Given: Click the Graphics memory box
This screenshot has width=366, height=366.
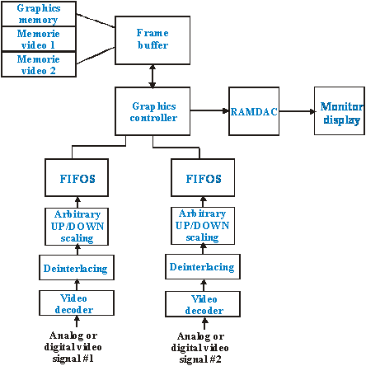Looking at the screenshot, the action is point(39,14).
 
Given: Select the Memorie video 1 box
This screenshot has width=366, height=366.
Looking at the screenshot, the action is point(39,39).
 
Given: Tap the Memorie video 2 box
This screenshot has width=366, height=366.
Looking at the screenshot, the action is point(39,64).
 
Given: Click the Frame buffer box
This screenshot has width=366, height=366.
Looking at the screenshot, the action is point(152,40).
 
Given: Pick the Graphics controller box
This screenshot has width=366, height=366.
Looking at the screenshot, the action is point(152,111).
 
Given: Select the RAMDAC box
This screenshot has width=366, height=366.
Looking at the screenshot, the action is point(254,111).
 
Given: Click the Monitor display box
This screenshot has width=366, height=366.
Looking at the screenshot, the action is point(340,110).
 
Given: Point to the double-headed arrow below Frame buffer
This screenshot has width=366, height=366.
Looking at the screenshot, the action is point(152,76).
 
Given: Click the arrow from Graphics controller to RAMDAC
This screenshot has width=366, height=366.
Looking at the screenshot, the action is point(209,110).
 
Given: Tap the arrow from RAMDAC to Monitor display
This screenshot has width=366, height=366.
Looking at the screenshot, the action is point(297,111).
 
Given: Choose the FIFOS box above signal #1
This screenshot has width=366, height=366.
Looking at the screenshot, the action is point(77,177).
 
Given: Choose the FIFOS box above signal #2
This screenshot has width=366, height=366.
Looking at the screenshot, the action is point(203,177).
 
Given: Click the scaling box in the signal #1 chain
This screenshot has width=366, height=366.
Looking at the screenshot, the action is point(77,227).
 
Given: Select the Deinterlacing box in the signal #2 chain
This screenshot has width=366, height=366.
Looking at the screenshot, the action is point(203,266).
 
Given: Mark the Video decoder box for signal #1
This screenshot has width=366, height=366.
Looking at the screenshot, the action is point(77,303).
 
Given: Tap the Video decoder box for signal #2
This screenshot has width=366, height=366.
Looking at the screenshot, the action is point(203,304).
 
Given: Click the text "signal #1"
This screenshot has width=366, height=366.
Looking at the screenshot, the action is point(73,359).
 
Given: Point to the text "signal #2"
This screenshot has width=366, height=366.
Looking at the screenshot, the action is point(200,359).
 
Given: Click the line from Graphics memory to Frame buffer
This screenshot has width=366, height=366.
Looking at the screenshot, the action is point(96,21).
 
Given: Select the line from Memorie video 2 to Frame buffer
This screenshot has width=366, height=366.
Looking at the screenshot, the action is point(96,55).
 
